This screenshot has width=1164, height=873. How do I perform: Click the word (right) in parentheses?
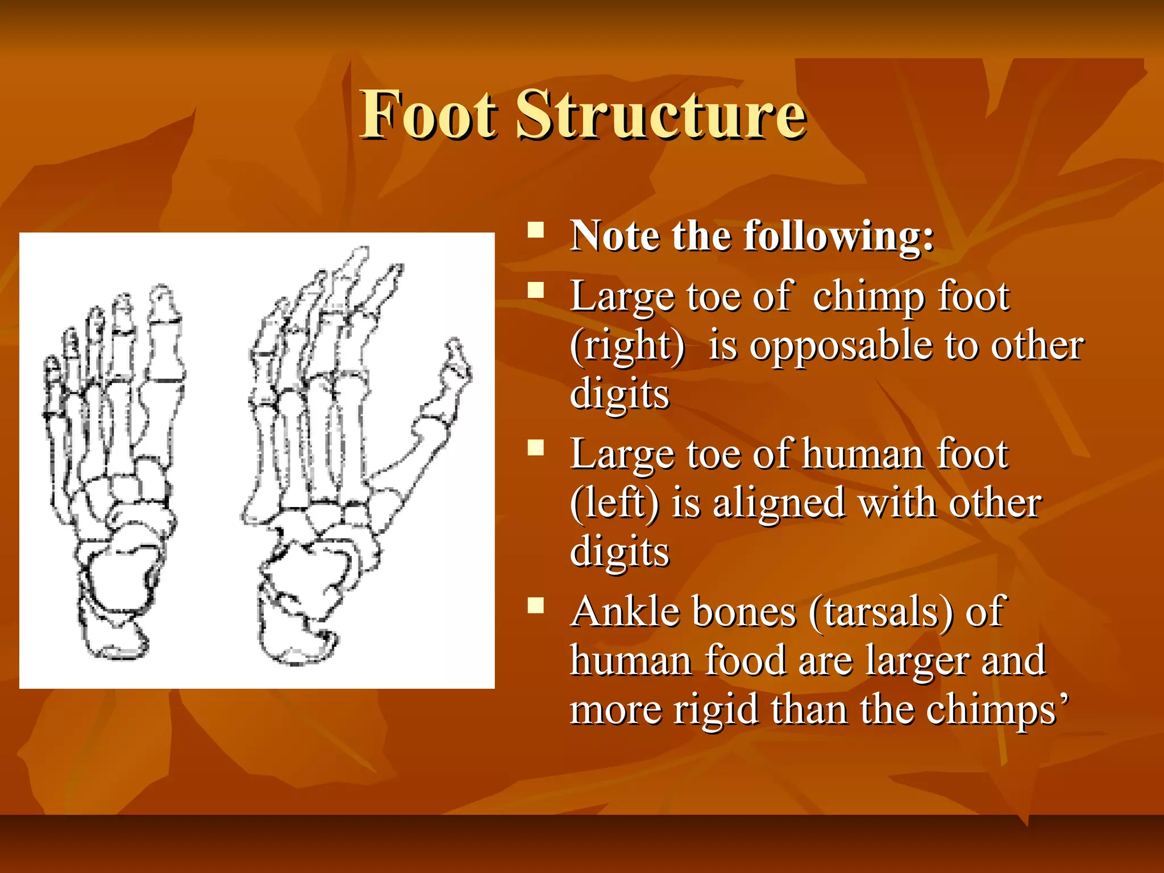pos(627,347)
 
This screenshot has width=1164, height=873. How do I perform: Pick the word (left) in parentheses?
pos(614,504)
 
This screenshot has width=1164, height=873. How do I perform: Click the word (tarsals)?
pos(880,613)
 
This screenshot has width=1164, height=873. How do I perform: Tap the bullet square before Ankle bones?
pos(535,606)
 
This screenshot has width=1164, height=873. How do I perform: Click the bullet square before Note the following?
pos(535,230)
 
